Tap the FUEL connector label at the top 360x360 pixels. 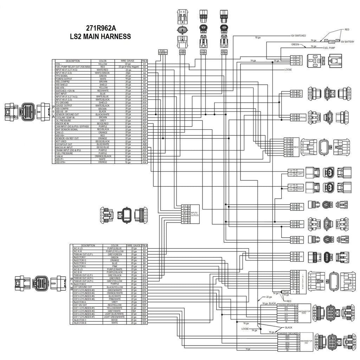click(162, 51)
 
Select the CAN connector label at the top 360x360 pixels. click(182, 51)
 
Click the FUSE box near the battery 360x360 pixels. click(331, 41)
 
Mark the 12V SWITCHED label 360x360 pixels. click(298, 36)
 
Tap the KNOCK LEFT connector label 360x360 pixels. click(300, 173)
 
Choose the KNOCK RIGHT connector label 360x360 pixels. click(300, 187)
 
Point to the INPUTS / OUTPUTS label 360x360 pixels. click(195, 214)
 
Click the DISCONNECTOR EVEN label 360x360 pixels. click(304, 313)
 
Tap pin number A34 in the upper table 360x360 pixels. click(144, 162)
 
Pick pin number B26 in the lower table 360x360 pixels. click(144, 323)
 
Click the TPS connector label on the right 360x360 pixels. click(301, 240)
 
